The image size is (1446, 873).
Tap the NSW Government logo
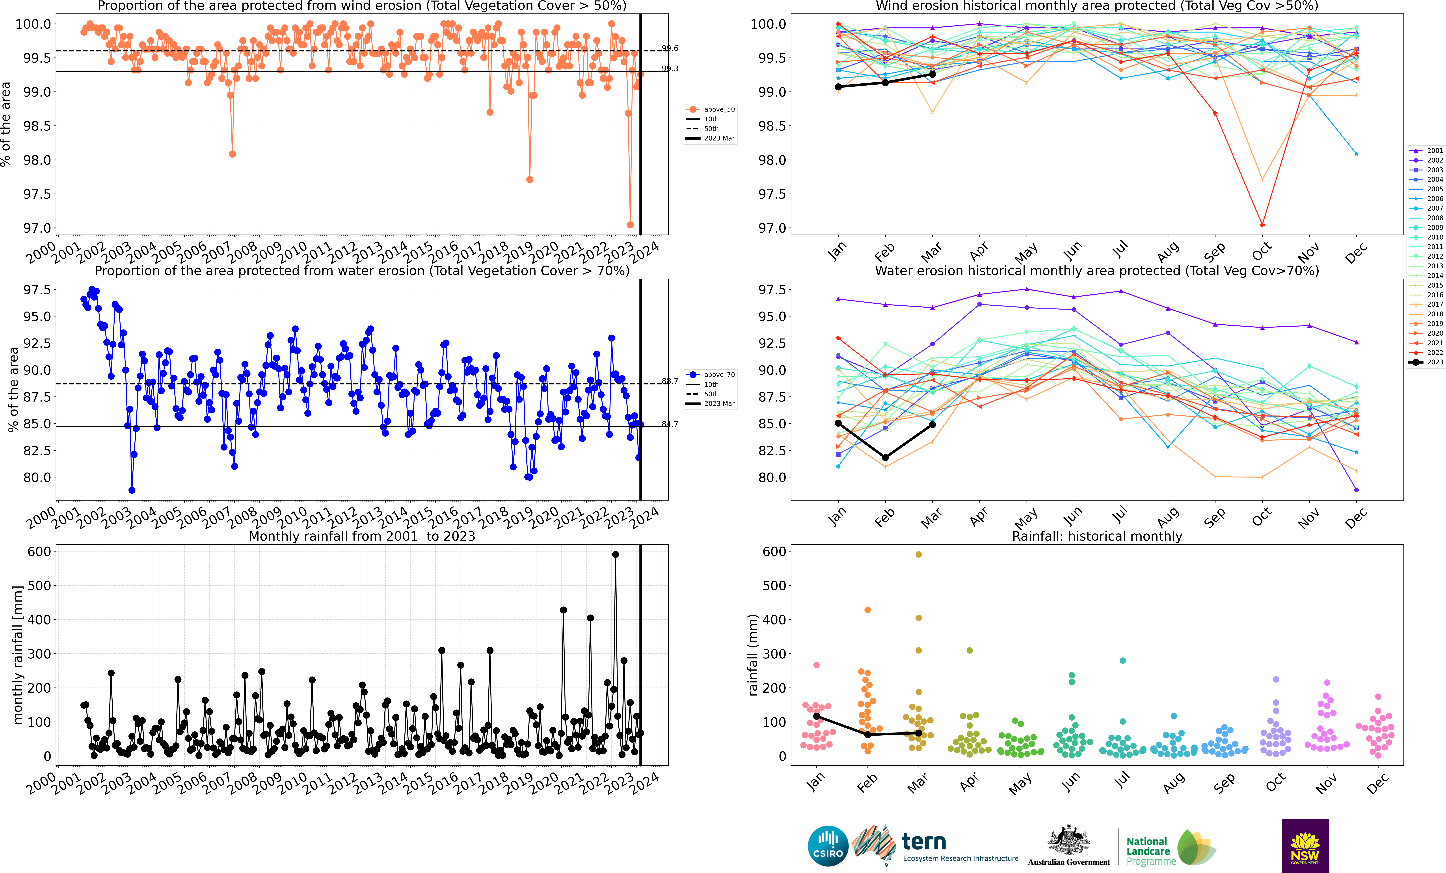[x=1305, y=845]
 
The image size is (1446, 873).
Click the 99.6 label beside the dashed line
[x=670, y=48]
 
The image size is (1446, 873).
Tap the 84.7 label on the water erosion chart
[x=670, y=424]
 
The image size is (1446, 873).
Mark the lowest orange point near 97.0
[x=630, y=225]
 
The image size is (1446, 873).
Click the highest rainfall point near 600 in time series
[x=615, y=554]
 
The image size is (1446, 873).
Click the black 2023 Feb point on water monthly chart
[x=886, y=457]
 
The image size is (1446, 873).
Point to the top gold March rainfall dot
[x=918, y=554]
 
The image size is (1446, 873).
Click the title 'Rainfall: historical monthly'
[x=1097, y=536]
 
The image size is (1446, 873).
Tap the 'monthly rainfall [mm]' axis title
[x=18, y=655]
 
